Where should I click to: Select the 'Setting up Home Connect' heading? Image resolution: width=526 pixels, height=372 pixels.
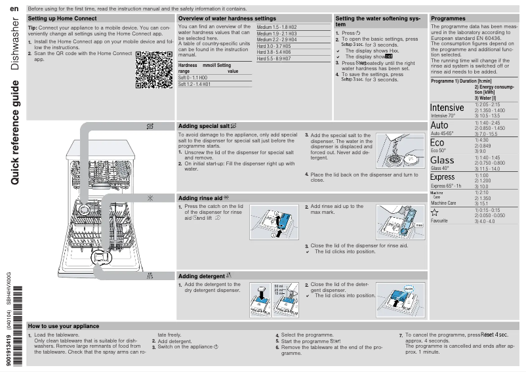[63, 18]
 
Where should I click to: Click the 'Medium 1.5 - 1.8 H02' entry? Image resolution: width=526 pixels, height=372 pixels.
[277, 27]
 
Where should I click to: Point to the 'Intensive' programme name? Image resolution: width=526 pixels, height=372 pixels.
[447, 107]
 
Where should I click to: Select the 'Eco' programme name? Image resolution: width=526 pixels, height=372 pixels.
[437, 142]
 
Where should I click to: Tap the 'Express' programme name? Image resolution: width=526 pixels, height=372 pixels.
[442, 177]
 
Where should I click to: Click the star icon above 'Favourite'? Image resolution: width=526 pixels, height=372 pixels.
[434, 212]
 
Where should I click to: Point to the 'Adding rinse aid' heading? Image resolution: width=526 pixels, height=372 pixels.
[204, 197]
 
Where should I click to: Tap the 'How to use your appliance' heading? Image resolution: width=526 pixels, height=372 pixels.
[64, 326]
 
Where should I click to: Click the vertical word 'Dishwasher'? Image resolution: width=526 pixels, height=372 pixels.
[14, 47]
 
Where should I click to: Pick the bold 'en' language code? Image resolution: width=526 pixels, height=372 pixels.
[14, 8]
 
